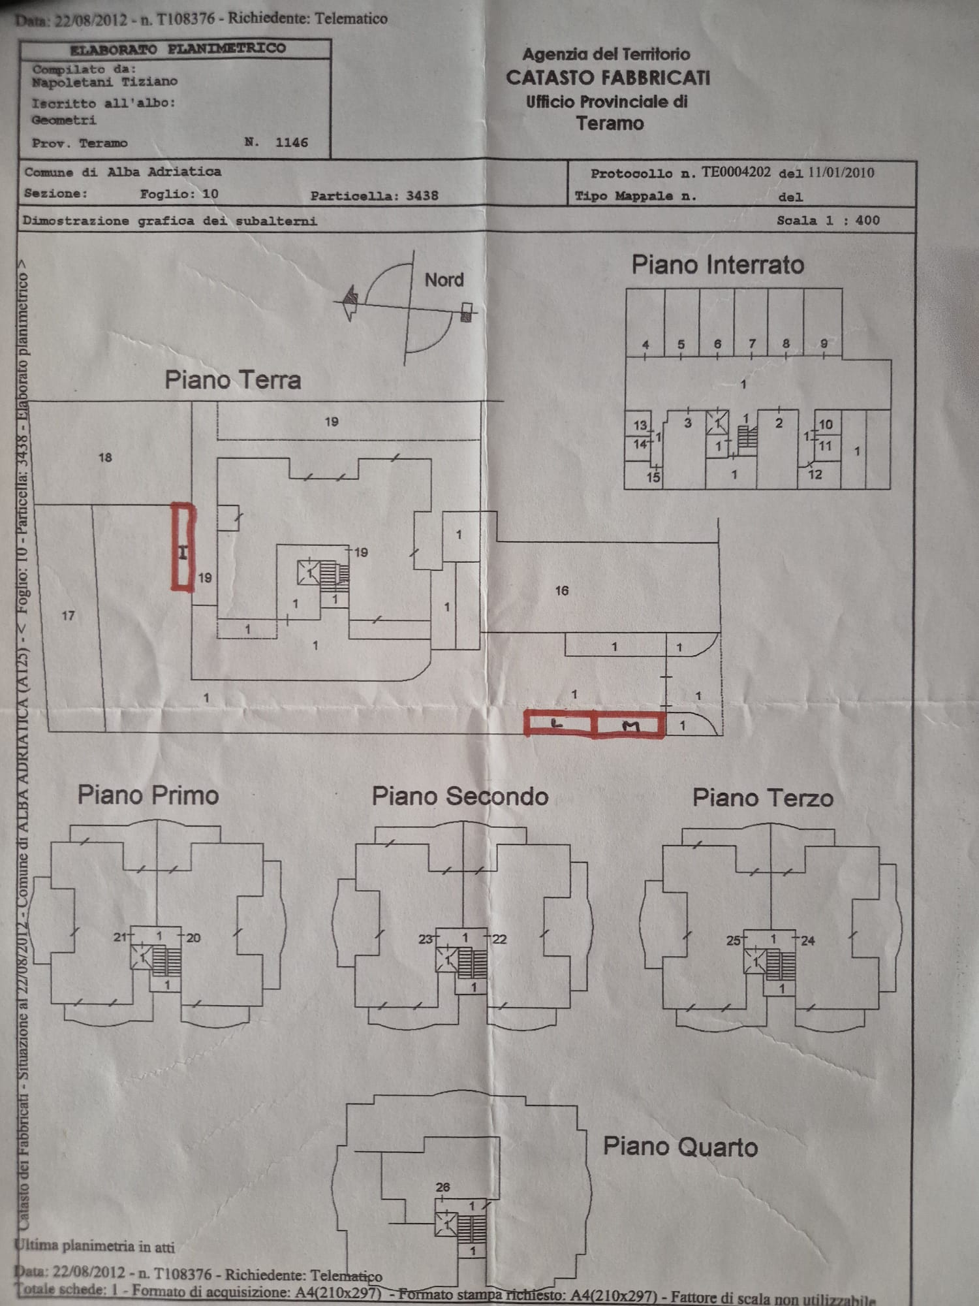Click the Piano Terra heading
[232, 380]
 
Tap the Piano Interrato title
[717, 265]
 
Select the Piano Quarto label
[680, 1147]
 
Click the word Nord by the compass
[444, 280]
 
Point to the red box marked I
[183, 547]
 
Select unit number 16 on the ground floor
[561, 591]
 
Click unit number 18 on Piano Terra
[105, 458]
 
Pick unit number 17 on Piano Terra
[68, 615]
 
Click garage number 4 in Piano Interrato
[645, 345]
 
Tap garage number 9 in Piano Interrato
[824, 343]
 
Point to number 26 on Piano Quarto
[443, 1187]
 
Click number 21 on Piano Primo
[120, 937]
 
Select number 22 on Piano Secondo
[499, 939]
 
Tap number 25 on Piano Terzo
[733, 940]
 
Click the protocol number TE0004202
[736, 172]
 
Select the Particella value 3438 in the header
[422, 196]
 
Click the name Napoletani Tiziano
[104, 82]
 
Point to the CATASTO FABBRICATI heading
[608, 78]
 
